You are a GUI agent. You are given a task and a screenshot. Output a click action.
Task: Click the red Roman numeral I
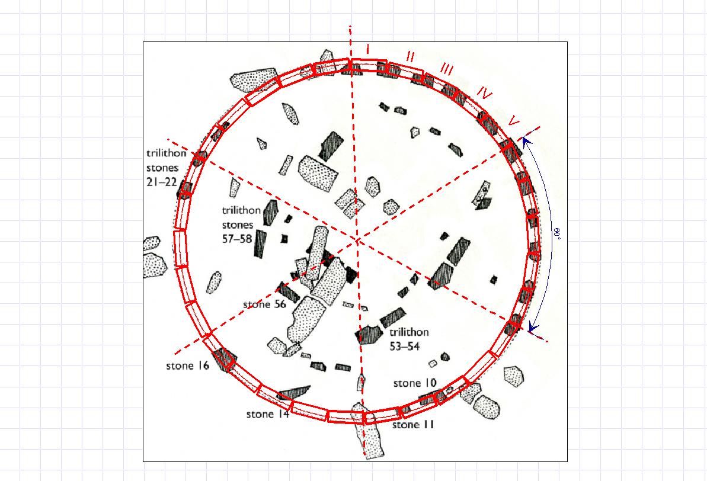[x=369, y=49]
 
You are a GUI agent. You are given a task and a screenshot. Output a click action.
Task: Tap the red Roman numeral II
[x=410, y=57]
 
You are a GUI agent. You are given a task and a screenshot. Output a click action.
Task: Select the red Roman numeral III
[x=446, y=70]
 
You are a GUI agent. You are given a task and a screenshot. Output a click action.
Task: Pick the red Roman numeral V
[x=514, y=121]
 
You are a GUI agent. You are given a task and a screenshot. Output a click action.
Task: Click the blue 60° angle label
[x=558, y=233]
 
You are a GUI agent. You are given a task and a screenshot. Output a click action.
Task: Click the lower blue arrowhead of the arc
[x=533, y=328]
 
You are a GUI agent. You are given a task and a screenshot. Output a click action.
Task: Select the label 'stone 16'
[x=188, y=365]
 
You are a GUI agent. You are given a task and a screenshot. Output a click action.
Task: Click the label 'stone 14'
[x=268, y=414]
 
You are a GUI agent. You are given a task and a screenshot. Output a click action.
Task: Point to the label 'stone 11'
[x=413, y=425]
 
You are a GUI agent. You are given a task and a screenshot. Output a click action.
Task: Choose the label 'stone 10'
[x=415, y=383]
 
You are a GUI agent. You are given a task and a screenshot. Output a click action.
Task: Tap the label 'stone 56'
[x=265, y=304]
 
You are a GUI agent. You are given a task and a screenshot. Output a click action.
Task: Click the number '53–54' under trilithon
[x=404, y=346]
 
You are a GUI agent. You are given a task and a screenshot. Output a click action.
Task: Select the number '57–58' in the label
[x=237, y=239]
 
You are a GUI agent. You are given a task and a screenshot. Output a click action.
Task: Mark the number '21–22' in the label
[x=161, y=182]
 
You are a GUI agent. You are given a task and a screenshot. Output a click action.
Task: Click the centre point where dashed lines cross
[x=357, y=239]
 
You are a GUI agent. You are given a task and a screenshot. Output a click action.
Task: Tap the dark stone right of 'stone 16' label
[x=224, y=359]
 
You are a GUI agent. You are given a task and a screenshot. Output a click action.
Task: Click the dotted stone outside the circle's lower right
[x=514, y=376]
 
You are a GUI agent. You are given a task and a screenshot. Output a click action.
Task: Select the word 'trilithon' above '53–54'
[x=409, y=332]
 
